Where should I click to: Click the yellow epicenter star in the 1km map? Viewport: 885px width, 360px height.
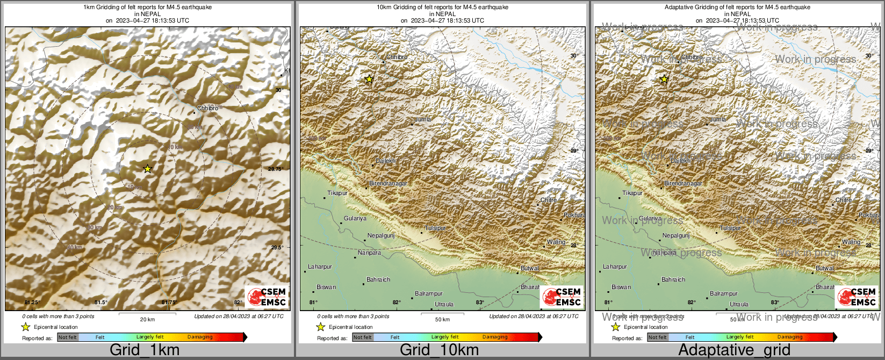click(148, 169)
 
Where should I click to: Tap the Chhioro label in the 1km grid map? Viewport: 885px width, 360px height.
click(207, 108)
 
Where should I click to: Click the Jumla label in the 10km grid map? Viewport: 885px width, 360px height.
click(423, 119)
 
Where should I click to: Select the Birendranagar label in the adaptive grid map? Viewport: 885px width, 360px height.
click(683, 184)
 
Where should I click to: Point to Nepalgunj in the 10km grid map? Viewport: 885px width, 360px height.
click(381, 235)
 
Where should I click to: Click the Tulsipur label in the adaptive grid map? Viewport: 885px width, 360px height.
click(730, 228)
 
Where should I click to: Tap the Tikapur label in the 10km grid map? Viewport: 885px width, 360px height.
click(337, 193)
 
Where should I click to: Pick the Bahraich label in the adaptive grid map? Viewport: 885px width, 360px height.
click(673, 279)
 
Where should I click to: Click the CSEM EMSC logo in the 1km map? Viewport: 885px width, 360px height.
click(267, 296)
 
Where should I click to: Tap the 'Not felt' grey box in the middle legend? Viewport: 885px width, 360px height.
click(363, 337)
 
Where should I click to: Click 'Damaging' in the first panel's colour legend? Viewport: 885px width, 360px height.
click(200, 337)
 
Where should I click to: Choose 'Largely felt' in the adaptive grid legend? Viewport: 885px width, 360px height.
click(740, 337)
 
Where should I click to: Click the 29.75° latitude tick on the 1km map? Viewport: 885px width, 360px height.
click(275, 169)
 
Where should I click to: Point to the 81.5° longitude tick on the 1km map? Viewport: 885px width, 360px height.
click(101, 303)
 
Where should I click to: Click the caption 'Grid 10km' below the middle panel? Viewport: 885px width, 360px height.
click(439, 350)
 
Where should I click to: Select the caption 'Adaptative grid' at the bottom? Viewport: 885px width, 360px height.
click(734, 350)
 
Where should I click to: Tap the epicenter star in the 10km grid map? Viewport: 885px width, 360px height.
click(369, 80)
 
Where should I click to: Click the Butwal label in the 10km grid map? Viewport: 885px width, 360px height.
click(530, 268)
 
